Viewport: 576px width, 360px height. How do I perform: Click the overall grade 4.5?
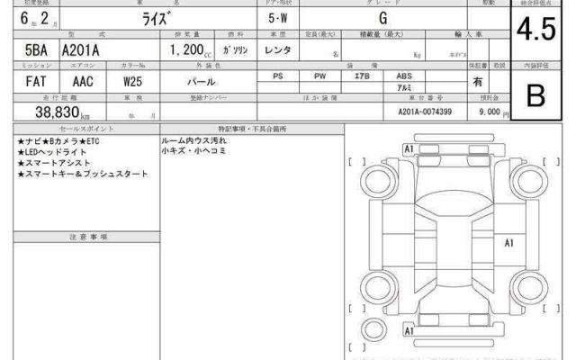click(537, 31)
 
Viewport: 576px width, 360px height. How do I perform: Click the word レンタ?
click(278, 52)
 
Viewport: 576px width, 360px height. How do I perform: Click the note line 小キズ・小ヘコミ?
click(194, 152)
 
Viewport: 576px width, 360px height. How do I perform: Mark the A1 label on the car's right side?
click(508, 243)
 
